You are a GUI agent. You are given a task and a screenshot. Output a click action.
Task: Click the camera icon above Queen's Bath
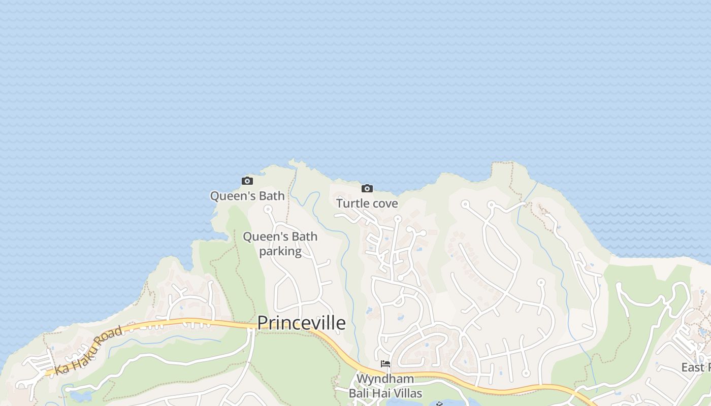tap(247, 181)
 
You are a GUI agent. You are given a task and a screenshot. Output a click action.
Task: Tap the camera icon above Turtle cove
tap(367, 189)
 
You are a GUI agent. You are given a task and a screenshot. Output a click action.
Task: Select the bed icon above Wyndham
tap(385, 364)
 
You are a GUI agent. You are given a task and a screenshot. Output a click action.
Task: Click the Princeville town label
tap(301, 323)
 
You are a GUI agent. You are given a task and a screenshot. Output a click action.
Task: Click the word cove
tap(384, 204)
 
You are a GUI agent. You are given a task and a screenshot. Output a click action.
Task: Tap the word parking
tap(280, 251)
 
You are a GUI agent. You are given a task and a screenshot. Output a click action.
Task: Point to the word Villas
tap(405, 393)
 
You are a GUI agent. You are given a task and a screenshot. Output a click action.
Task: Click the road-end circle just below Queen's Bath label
tap(268, 209)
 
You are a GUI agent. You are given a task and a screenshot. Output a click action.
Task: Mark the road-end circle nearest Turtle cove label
tap(398, 219)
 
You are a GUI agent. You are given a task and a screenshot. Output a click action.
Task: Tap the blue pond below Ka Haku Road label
tap(81, 395)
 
